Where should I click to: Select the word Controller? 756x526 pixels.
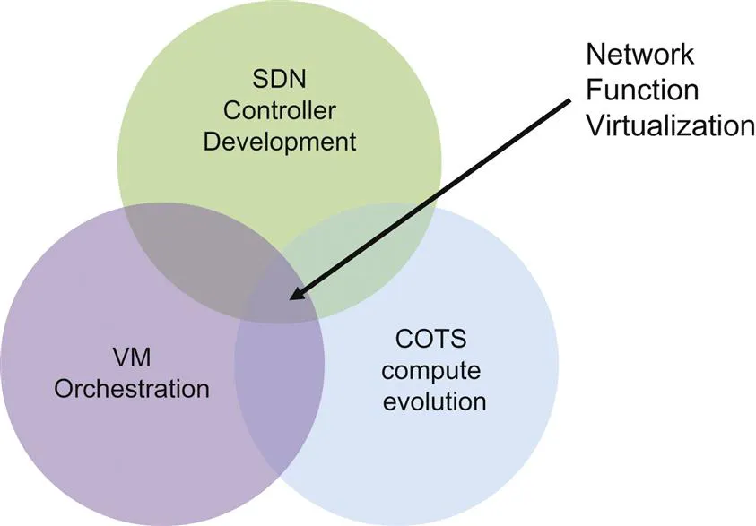[x=279, y=111]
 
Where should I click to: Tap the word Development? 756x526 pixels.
[x=279, y=142]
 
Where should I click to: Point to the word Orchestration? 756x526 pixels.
[x=131, y=390]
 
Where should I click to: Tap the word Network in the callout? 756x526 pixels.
[x=639, y=55]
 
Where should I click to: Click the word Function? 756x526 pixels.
[x=641, y=90]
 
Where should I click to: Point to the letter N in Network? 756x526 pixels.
[x=595, y=55]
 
